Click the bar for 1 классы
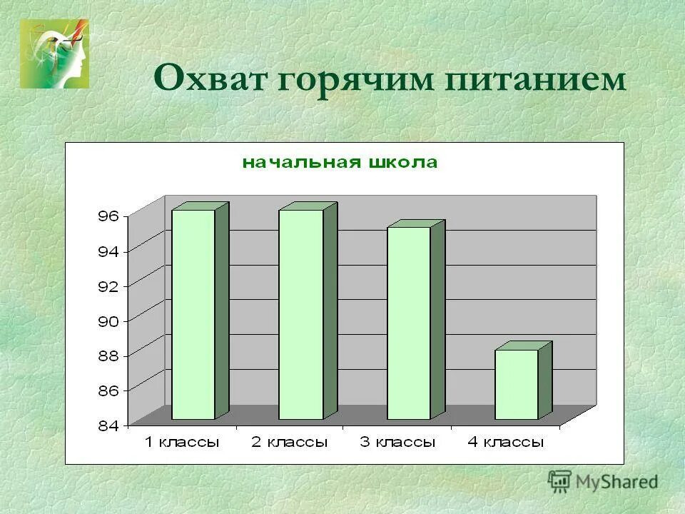[193, 314]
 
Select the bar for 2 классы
[300, 314]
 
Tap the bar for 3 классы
[408, 323]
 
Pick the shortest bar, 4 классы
[516, 384]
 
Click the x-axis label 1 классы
[182, 443]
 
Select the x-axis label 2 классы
[289, 443]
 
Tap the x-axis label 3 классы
[397, 443]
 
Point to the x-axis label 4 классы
[505, 443]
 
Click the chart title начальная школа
[340, 163]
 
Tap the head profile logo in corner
[54, 54]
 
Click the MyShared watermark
[604, 480]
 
